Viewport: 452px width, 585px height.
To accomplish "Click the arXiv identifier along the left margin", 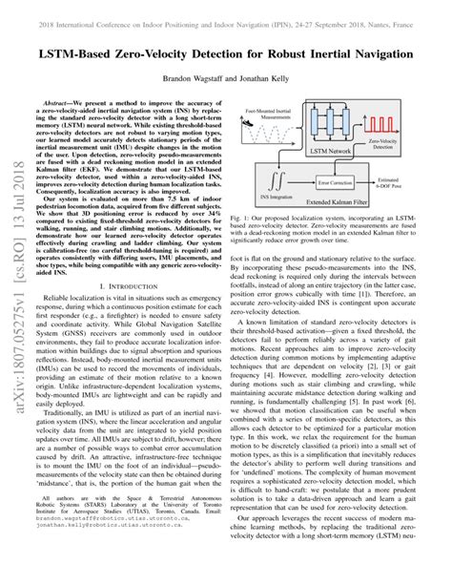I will point(16,315).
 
